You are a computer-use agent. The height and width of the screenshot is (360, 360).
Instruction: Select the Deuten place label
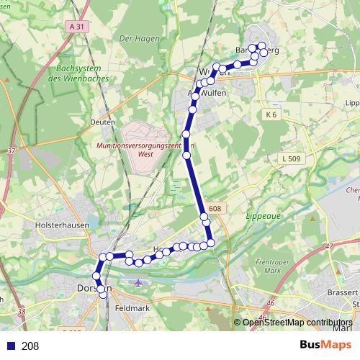103,122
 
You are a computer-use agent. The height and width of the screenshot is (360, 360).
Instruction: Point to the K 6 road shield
271,114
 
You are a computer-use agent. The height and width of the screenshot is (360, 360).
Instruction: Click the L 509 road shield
292,158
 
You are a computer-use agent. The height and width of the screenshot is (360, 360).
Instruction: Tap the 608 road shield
215,209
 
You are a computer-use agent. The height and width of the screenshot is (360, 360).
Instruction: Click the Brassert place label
342,293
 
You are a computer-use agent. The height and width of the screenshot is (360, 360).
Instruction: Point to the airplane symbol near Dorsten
139,282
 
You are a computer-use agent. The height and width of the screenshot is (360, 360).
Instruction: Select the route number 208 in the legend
31,346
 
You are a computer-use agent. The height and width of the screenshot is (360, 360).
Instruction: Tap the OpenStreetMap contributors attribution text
297,323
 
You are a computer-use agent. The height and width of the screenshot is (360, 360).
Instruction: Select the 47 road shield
330,246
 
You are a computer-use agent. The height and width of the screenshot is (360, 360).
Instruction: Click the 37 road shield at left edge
11,151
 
